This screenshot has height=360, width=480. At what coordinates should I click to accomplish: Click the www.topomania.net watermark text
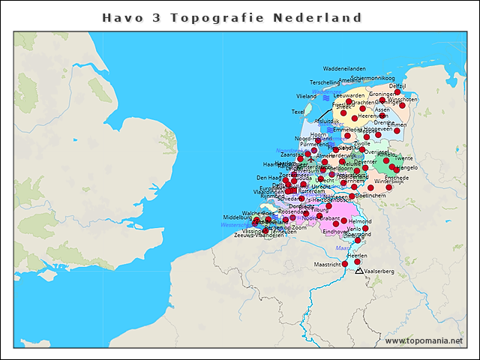point(424,340)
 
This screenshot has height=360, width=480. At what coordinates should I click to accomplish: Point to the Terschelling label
point(325,82)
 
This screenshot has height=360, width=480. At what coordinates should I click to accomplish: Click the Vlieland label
point(307,97)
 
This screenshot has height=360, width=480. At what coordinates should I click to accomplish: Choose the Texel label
point(298,112)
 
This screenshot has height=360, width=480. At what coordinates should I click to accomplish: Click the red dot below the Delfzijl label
point(397,93)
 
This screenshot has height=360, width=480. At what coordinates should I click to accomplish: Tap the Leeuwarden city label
point(349,96)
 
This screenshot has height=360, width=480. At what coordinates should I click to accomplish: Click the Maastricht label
point(328,264)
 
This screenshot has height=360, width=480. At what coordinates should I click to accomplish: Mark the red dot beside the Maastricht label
point(345,263)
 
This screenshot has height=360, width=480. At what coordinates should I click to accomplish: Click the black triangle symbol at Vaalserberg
point(360,271)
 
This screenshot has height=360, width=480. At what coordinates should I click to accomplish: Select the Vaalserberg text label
point(379,271)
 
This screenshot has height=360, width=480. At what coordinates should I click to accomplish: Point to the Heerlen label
point(358,256)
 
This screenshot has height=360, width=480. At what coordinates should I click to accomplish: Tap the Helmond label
point(360,222)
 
